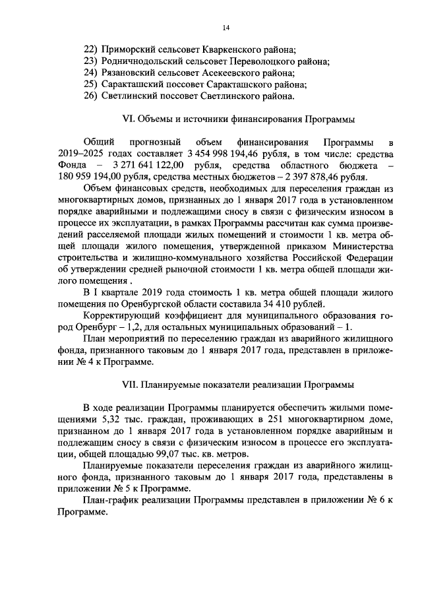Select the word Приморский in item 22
[127, 49]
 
